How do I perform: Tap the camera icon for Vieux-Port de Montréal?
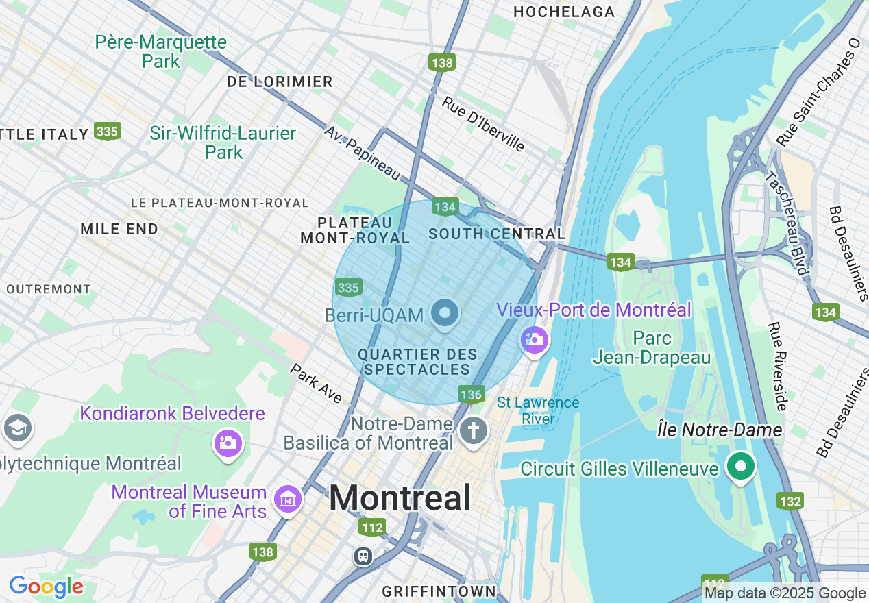[x=535, y=340]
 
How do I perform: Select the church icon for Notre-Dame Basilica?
[x=473, y=431]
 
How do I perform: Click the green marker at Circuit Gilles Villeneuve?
[x=740, y=467]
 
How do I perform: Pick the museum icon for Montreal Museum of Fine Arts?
[x=287, y=499]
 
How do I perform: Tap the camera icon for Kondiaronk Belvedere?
[x=228, y=442]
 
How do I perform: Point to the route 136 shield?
[x=471, y=394]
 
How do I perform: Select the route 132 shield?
[x=790, y=501]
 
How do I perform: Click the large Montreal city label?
[x=400, y=497]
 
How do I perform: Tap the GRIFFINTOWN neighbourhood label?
[x=439, y=591]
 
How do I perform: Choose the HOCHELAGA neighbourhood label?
[x=564, y=12]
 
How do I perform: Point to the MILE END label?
[x=119, y=229]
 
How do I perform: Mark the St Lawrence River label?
[x=538, y=410]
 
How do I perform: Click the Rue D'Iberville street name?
[x=483, y=124]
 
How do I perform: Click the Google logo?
[x=45, y=587]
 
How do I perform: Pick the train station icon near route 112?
[x=363, y=556]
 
